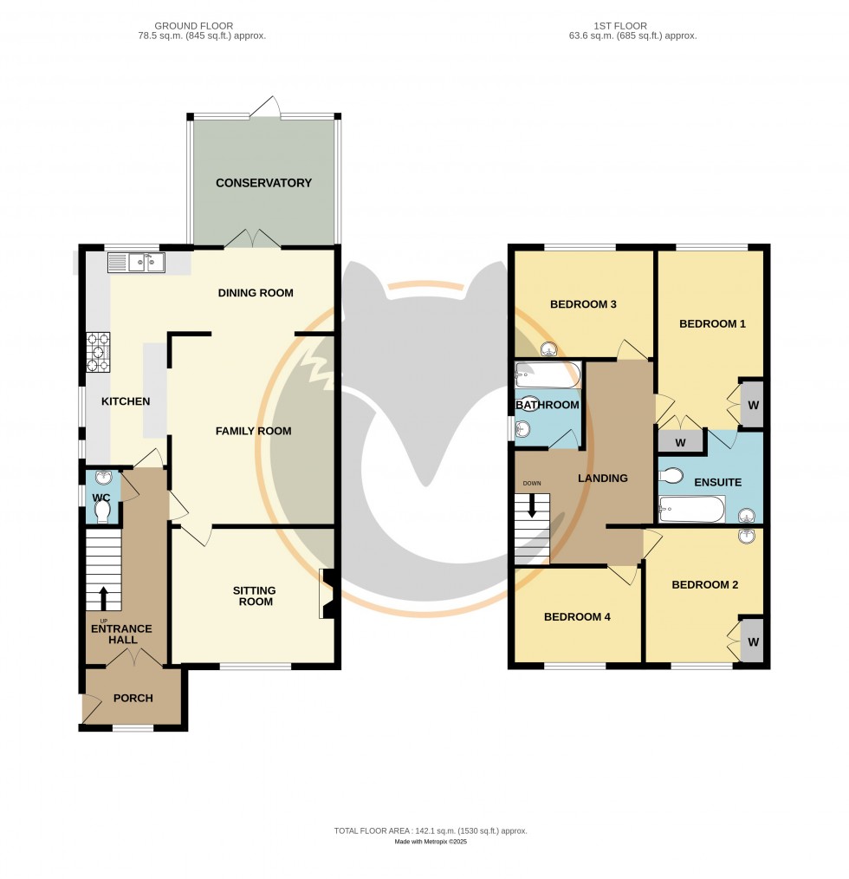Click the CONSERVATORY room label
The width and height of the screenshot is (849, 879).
click(x=263, y=183)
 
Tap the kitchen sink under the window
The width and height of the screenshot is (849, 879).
click(x=136, y=262)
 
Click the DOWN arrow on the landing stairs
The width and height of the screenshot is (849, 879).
click(x=531, y=508)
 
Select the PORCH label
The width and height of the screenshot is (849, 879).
click(x=133, y=698)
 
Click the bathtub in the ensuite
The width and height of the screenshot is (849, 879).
click(x=691, y=510)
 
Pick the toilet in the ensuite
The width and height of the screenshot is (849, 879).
click(x=672, y=476)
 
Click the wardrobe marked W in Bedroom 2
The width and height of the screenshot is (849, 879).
click(x=753, y=642)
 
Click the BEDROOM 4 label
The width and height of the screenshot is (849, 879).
click(x=577, y=617)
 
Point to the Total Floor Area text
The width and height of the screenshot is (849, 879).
click(x=430, y=830)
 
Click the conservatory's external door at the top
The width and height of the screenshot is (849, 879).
click(x=265, y=107)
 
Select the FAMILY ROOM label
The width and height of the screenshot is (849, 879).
click(x=253, y=431)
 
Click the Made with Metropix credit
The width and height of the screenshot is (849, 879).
click(x=430, y=842)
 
